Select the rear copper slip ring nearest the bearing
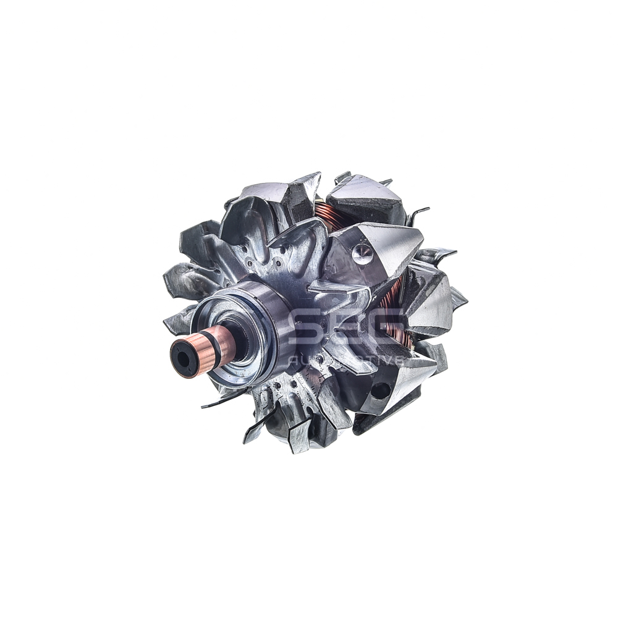pyautogui.click(x=226, y=340)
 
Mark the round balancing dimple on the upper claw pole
pyautogui.click(x=362, y=251)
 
